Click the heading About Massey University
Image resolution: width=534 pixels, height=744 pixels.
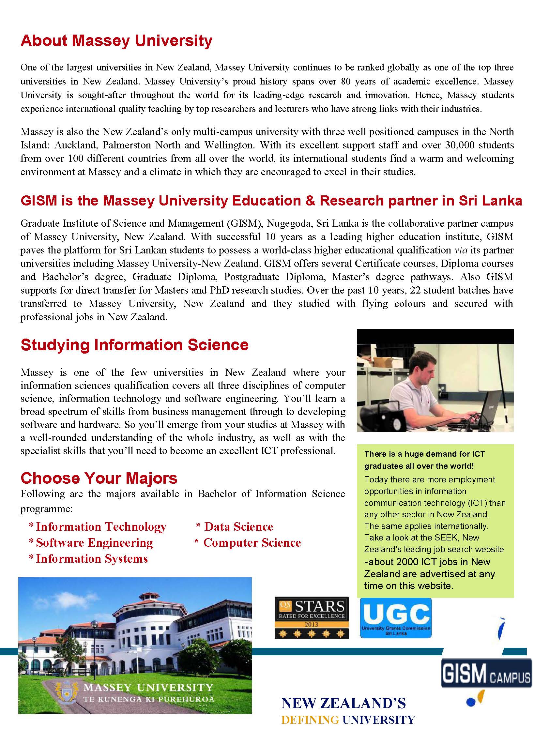(x=116, y=41)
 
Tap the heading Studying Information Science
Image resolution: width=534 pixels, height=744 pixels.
(x=134, y=345)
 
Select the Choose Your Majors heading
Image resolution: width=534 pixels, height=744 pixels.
(x=99, y=478)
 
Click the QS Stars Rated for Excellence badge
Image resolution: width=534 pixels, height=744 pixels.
(x=311, y=618)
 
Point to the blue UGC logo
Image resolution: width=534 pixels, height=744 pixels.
(x=396, y=618)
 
